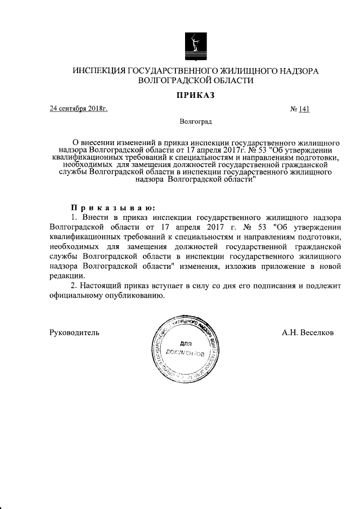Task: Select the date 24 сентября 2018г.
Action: [x=78, y=109]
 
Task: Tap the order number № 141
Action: [x=299, y=109]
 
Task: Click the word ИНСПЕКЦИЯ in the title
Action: [x=99, y=71]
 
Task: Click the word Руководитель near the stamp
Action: [x=75, y=332]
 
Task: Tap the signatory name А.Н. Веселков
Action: [x=308, y=332]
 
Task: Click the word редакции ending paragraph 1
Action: [x=67, y=276]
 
